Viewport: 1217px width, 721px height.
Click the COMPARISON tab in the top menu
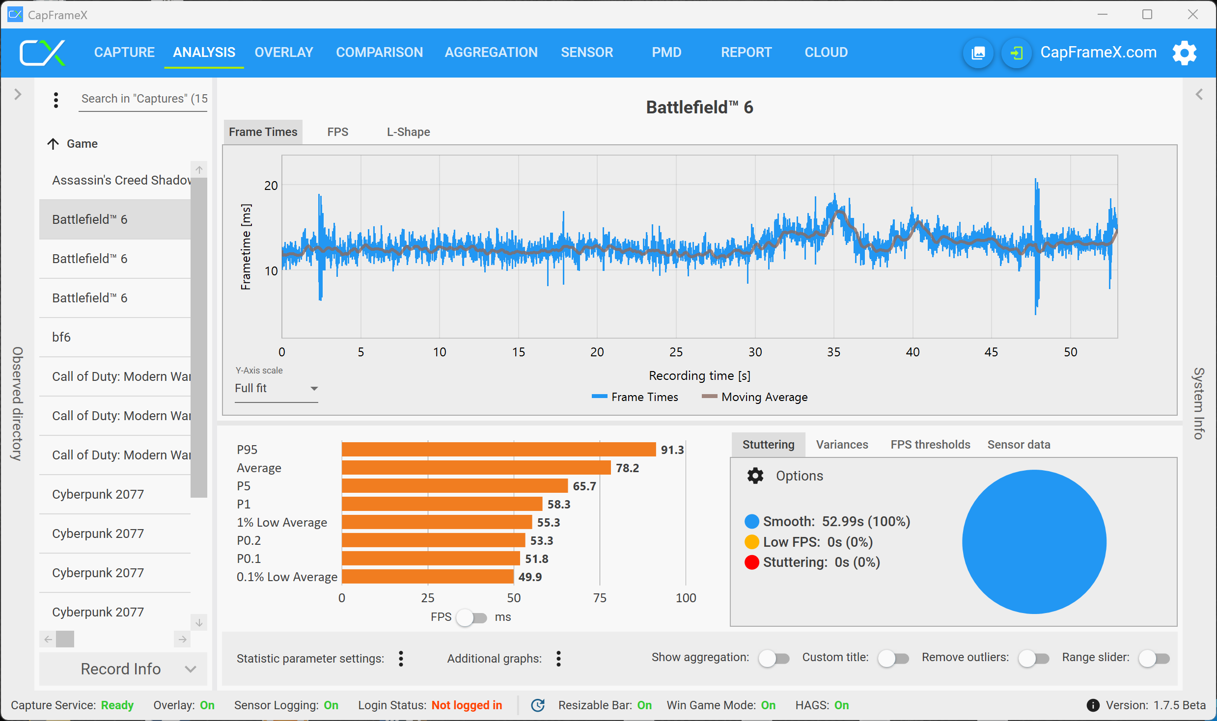pyautogui.click(x=379, y=52)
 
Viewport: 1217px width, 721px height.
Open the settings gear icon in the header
pyautogui.click(x=1184, y=53)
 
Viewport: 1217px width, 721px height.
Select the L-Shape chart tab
pyautogui.click(x=408, y=132)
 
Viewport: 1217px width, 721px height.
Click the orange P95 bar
pyautogui.click(x=498, y=450)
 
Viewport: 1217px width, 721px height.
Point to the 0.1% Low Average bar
pyautogui.click(x=427, y=577)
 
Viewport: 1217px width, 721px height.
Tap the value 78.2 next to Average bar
pyautogui.click(x=627, y=468)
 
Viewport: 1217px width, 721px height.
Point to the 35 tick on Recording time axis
pyautogui.click(x=833, y=352)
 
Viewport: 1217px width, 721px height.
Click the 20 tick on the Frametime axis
pyautogui.click(x=271, y=186)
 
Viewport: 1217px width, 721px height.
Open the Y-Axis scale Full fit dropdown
pyautogui.click(x=276, y=389)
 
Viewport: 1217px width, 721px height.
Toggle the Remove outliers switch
pyautogui.click(x=1033, y=658)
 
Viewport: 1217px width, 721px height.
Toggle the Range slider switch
pyautogui.click(x=1154, y=658)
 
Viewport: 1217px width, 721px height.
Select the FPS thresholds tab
pyautogui.click(x=930, y=445)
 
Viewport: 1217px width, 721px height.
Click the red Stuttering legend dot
pyautogui.click(x=751, y=562)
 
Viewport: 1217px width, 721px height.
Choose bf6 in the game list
pyautogui.click(x=61, y=337)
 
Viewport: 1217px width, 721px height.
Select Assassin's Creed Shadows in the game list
pyautogui.click(x=121, y=180)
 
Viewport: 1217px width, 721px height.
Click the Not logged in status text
pyautogui.click(x=467, y=705)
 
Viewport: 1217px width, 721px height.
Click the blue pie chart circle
pyautogui.click(x=1034, y=542)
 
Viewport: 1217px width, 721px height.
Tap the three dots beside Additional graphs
pyautogui.click(x=558, y=659)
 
